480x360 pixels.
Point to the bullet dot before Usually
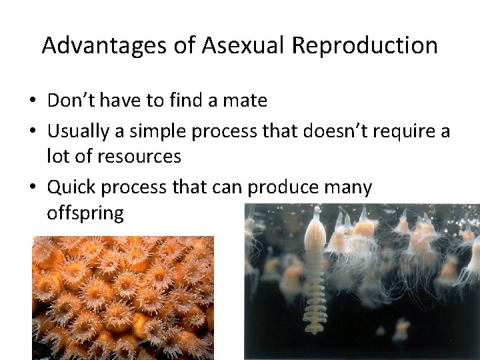[33, 132]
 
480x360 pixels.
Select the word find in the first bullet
[185, 101]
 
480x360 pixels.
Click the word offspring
[85, 214]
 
